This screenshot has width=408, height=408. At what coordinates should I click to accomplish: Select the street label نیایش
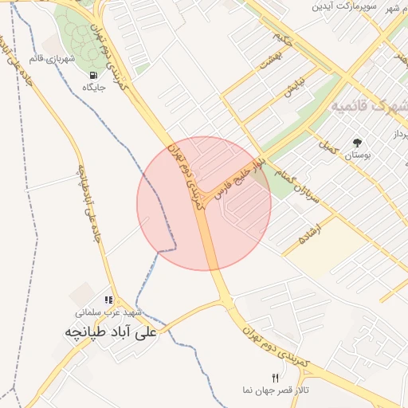tap(294, 88)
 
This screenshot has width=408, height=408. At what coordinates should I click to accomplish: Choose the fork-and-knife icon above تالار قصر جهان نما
tap(276, 378)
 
